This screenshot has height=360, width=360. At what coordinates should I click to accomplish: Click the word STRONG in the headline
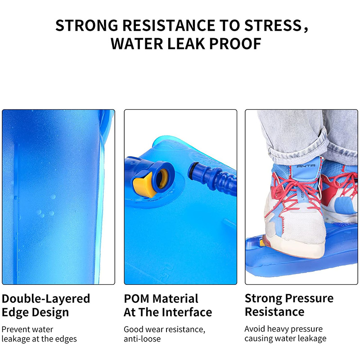87,25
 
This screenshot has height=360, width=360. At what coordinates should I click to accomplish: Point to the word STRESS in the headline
273,25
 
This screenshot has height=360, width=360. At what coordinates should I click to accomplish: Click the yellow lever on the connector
144,185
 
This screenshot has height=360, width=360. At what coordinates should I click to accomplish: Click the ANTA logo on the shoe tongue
306,166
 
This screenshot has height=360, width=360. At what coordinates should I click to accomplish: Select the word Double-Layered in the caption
46,299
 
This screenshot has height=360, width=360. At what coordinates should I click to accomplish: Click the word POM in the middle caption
136,299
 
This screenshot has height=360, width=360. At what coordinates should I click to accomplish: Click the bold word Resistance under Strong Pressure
274,312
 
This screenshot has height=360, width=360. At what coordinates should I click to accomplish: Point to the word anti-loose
142,339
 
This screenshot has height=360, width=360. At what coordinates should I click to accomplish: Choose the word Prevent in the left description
16,329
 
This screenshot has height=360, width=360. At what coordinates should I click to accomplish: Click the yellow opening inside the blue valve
162,179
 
